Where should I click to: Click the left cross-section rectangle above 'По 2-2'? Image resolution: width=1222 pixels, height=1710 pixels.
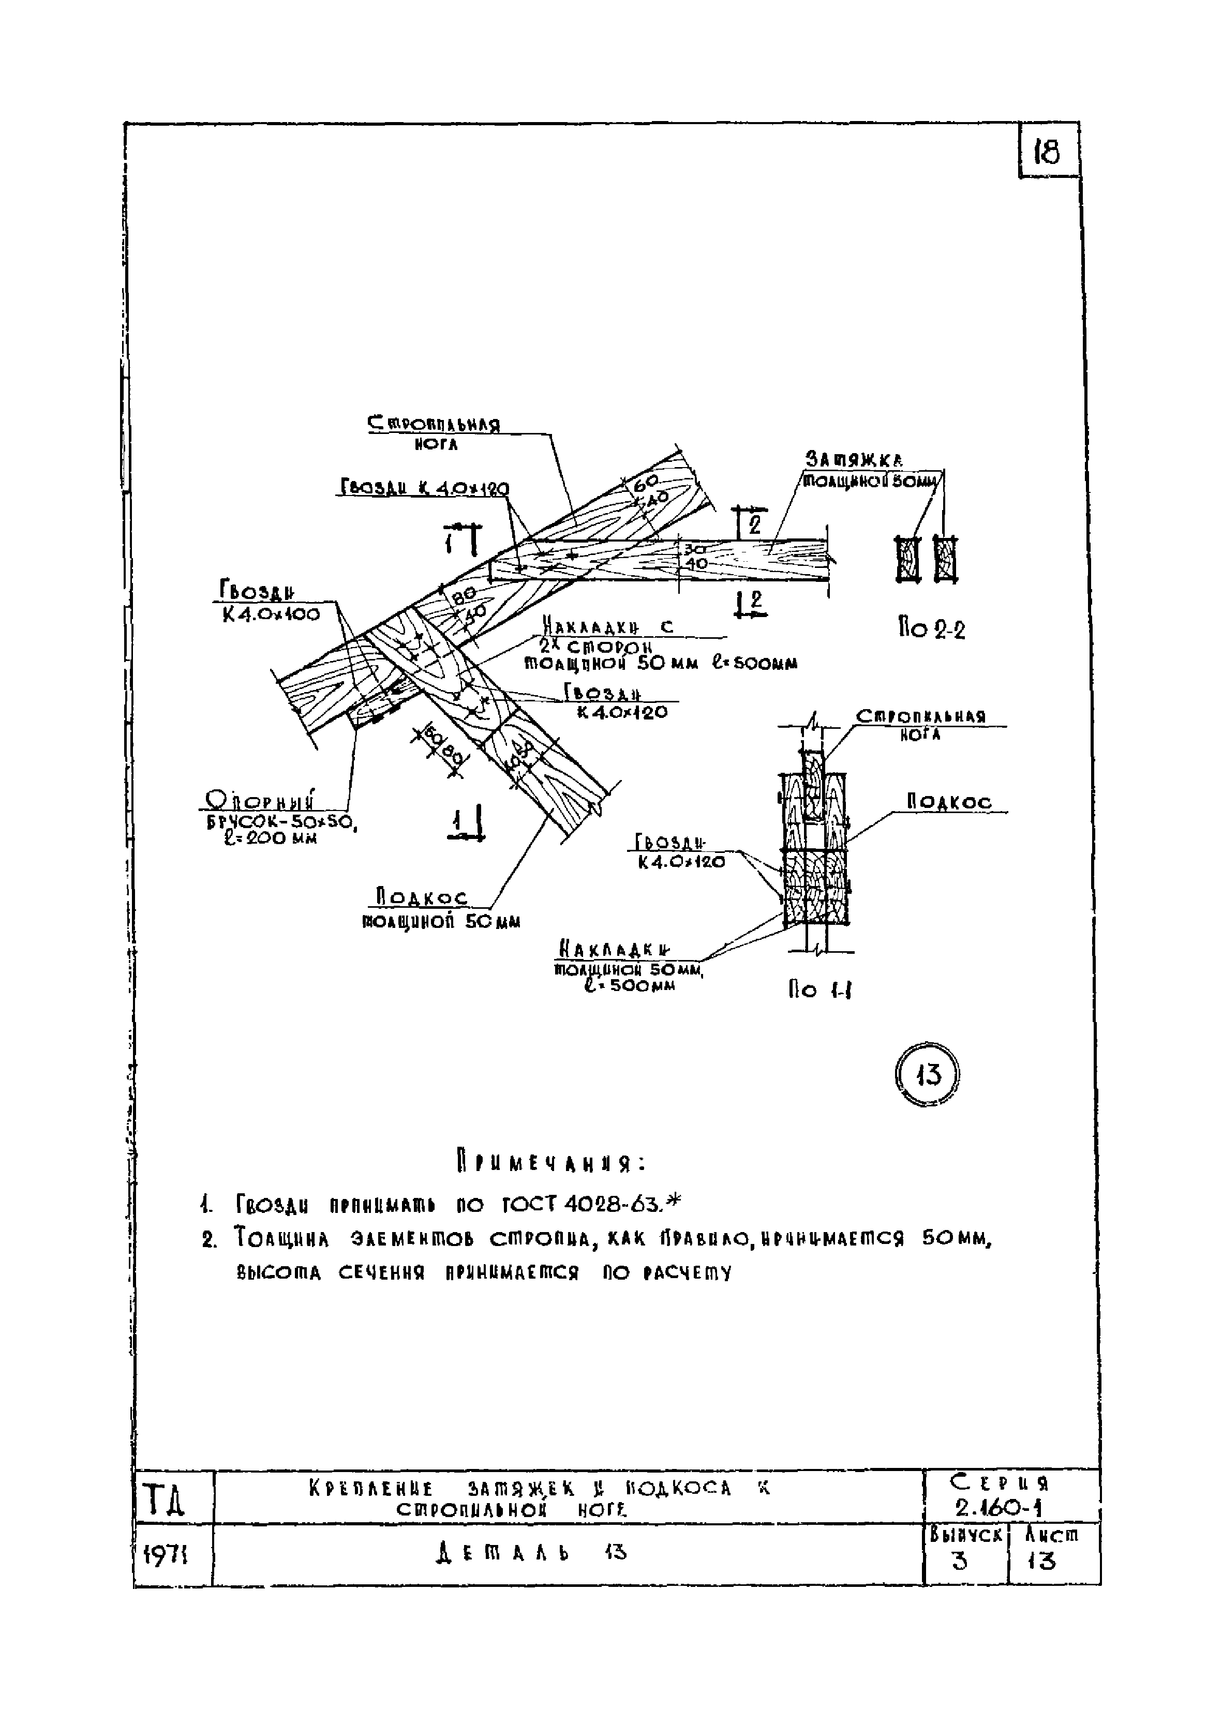(x=908, y=559)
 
